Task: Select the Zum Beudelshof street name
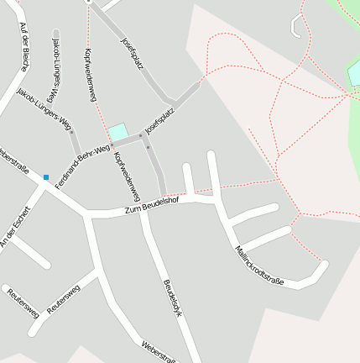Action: [x=152, y=204]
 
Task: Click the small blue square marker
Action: [x=45, y=177]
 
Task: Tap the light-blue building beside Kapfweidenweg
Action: [x=118, y=132]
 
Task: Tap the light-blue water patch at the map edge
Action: [x=355, y=74]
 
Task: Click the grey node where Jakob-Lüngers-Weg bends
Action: [x=72, y=132]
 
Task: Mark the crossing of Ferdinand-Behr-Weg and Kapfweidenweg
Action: [x=112, y=145]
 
